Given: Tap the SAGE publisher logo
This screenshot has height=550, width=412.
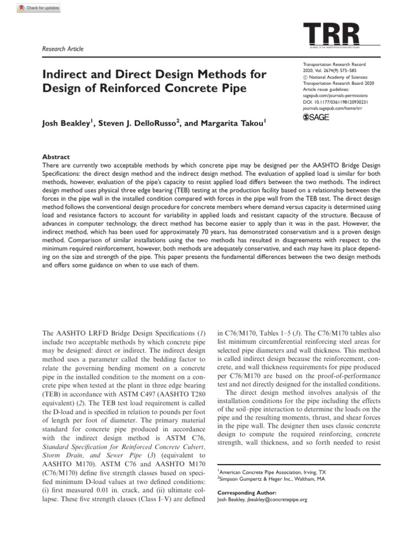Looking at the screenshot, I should point(317,117).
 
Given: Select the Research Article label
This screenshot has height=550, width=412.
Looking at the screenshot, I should point(62,49).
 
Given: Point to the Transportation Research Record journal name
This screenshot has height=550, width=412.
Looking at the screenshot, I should point(334,64).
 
